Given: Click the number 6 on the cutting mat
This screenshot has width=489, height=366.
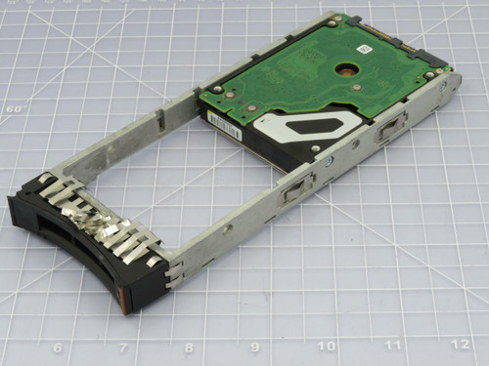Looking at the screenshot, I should (58, 348).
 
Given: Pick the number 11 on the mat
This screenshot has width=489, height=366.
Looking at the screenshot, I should (392, 344).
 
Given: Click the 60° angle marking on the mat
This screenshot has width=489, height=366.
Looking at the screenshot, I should (14, 109).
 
